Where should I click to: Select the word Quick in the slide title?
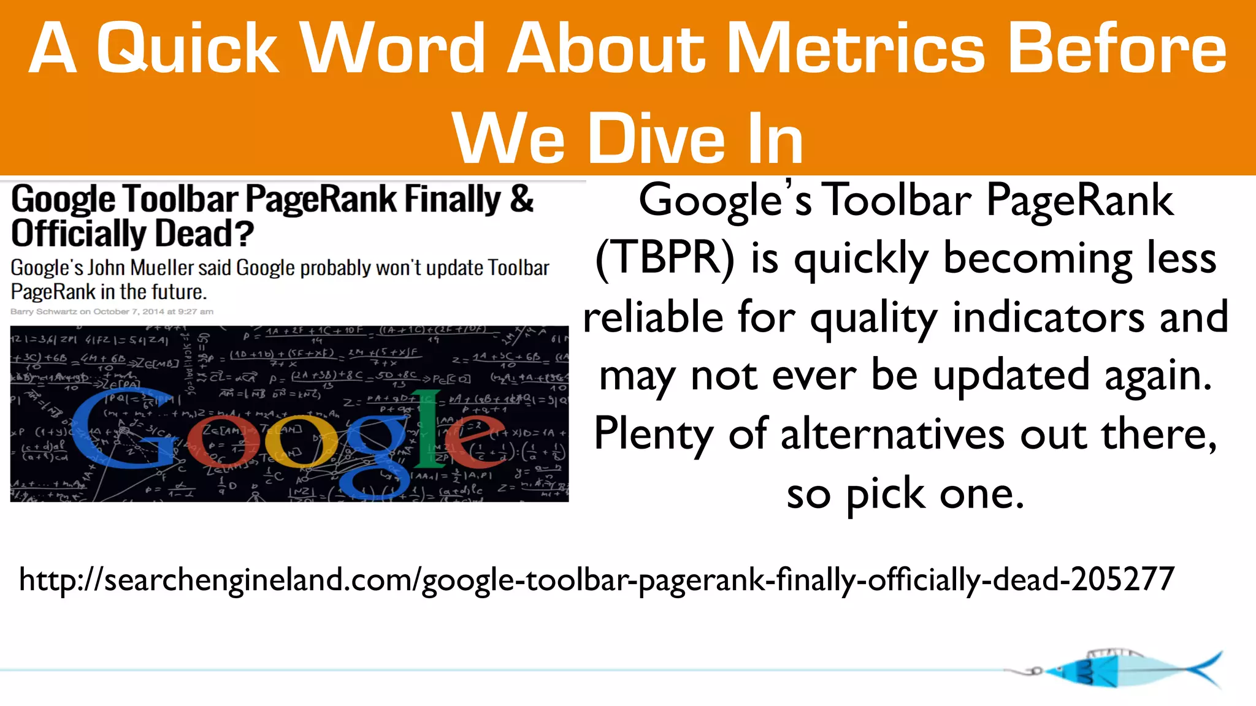(188, 49)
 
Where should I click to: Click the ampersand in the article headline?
(521, 199)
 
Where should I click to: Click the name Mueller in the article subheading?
(162, 268)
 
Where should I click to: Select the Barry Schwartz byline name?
(43, 311)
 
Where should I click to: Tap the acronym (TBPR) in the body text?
(665, 258)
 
